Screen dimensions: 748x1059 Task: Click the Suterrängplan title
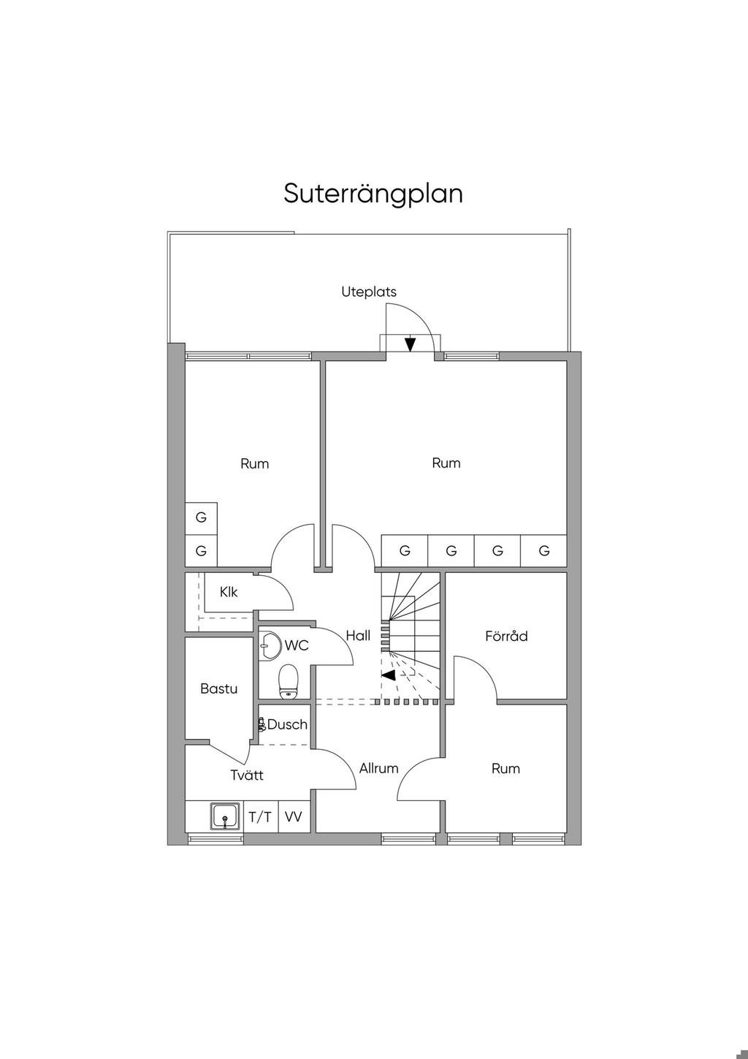click(373, 194)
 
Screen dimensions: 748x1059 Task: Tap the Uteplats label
click(369, 292)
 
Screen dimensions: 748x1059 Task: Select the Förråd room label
click(506, 636)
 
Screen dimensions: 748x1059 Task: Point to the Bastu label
click(218, 688)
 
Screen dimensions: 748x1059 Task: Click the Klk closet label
click(229, 592)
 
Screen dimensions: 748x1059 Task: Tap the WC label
click(297, 645)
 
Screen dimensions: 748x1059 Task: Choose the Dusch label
click(287, 725)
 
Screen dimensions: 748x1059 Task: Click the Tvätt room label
click(247, 775)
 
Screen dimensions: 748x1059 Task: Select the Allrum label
click(378, 768)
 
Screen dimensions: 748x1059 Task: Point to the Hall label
click(358, 636)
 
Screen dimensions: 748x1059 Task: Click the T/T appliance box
click(260, 817)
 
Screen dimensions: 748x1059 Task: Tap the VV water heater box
click(293, 817)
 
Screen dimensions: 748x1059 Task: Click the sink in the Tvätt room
click(225, 816)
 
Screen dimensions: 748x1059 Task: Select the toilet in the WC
click(289, 680)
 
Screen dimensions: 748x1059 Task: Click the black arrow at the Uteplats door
click(410, 343)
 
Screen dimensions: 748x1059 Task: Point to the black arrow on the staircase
click(389, 675)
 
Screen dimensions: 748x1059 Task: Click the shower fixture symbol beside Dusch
click(262, 725)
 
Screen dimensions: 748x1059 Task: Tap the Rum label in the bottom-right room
click(505, 768)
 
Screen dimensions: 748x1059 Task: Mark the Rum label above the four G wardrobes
click(446, 463)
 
